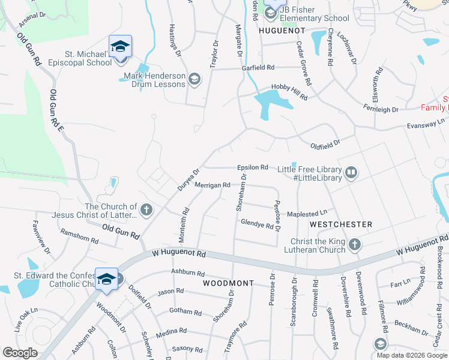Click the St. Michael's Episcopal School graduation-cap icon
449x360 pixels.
click(120, 46)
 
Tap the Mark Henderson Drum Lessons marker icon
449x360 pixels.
click(194, 79)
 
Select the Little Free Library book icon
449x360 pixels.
click(351, 173)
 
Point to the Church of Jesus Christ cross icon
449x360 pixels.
click(147, 210)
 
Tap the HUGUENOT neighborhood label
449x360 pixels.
click(279, 29)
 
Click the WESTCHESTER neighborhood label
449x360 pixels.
click(341, 224)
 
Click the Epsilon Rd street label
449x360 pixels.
click(252, 167)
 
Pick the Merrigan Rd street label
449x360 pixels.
click(212, 185)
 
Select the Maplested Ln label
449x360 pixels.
click(307, 212)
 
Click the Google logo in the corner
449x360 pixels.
click(20, 353)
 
